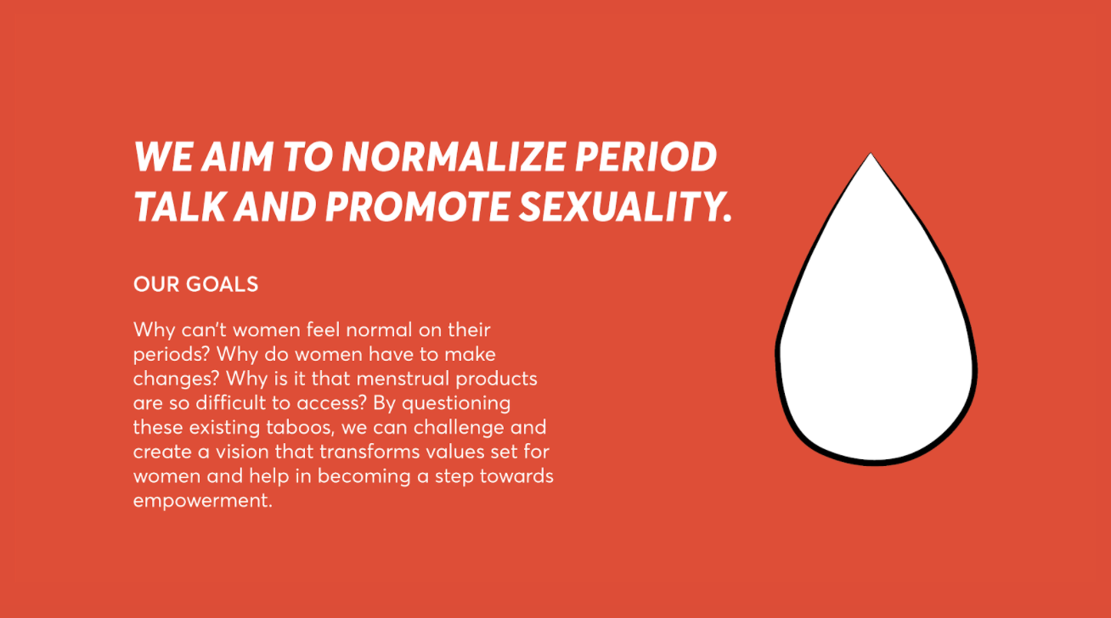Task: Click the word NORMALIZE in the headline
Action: point(454,156)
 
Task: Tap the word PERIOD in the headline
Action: point(646,156)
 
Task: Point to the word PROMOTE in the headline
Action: point(417,206)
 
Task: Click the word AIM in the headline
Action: point(237,156)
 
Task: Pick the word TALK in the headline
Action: point(179,206)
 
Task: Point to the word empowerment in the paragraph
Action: point(202,501)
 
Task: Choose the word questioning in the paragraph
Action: point(456,404)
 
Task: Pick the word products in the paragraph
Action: point(497,379)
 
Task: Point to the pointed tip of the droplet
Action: point(871,154)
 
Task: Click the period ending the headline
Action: point(728,217)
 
